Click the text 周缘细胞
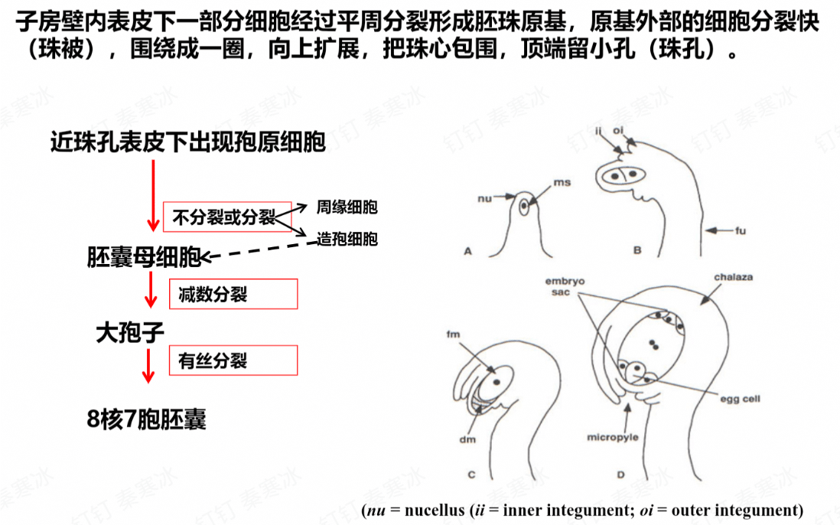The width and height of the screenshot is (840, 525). pyautogui.click(x=347, y=207)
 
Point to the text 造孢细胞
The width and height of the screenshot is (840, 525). pyautogui.click(x=347, y=239)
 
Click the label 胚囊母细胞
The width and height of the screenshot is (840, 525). pyautogui.click(x=144, y=258)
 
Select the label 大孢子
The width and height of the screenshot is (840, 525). pyautogui.click(x=130, y=333)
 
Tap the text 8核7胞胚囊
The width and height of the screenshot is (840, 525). pyautogui.click(x=146, y=419)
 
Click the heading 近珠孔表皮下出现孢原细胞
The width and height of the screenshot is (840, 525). pyautogui.click(x=188, y=142)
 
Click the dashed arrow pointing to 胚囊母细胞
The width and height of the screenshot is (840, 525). pyautogui.click(x=259, y=251)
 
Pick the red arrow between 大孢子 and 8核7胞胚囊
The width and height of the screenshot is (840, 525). pyautogui.click(x=148, y=365)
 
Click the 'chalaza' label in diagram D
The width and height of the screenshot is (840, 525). pyautogui.click(x=733, y=277)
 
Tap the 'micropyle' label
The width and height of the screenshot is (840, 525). pyautogui.click(x=612, y=437)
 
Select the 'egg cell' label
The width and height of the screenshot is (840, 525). pyautogui.click(x=740, y=399)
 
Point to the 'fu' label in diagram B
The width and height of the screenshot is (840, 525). pyautogui.click(x=740, y=231)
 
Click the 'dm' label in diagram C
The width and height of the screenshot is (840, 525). pyautogui.click(x=467, y=439)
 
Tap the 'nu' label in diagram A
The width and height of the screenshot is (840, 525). pyautogui.click(x=484, y=199)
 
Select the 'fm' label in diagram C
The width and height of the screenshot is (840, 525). pyautogui.click(x=453, y=334)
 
